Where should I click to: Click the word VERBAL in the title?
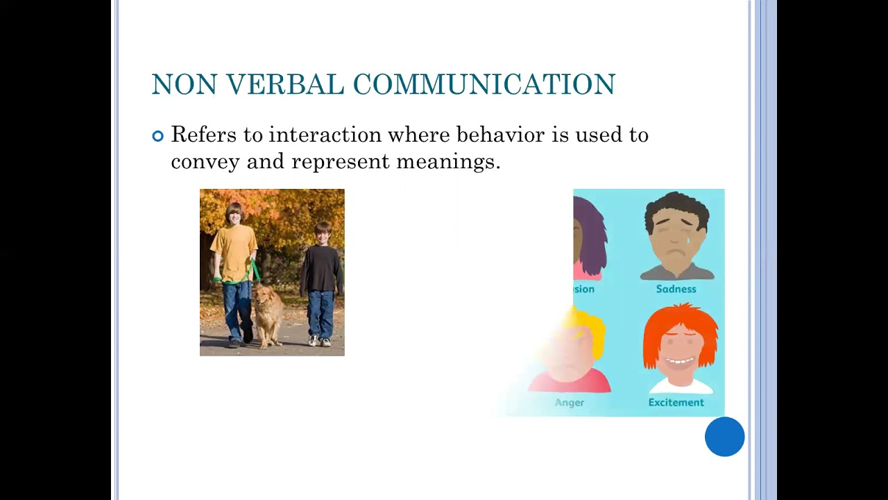pos(284,85)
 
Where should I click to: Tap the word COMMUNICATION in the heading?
pos(484,85)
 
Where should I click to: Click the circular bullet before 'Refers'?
pos(157,136)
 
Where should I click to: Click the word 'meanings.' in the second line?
pos(448,162)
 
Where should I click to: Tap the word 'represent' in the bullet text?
pos(341,162)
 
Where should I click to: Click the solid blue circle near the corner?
pos(724,437)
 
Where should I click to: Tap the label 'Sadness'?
pos(676,289)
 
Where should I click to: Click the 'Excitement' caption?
pos(676,403)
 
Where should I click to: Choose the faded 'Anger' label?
pos(569,403)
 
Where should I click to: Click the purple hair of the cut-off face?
pos(591,236)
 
